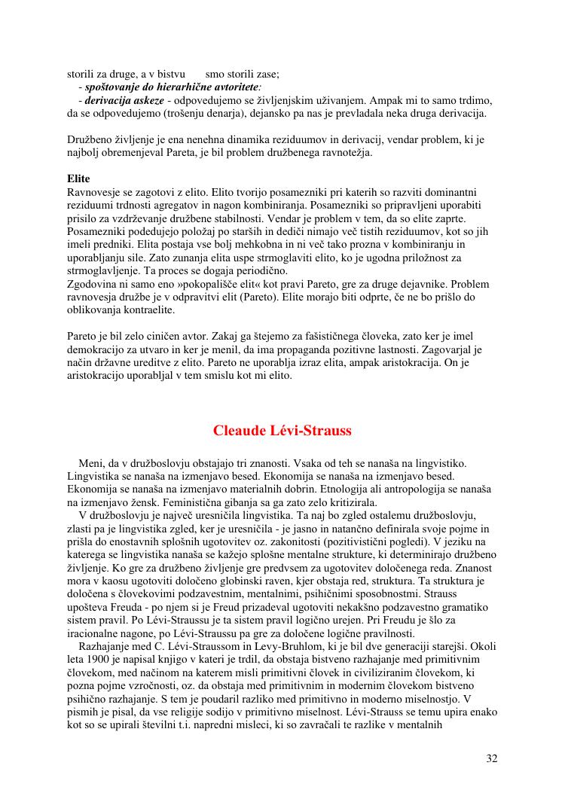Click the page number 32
click(x=491, y=758)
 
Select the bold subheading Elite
click(x=78, y=178)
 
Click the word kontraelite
click(x=149, y=310)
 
